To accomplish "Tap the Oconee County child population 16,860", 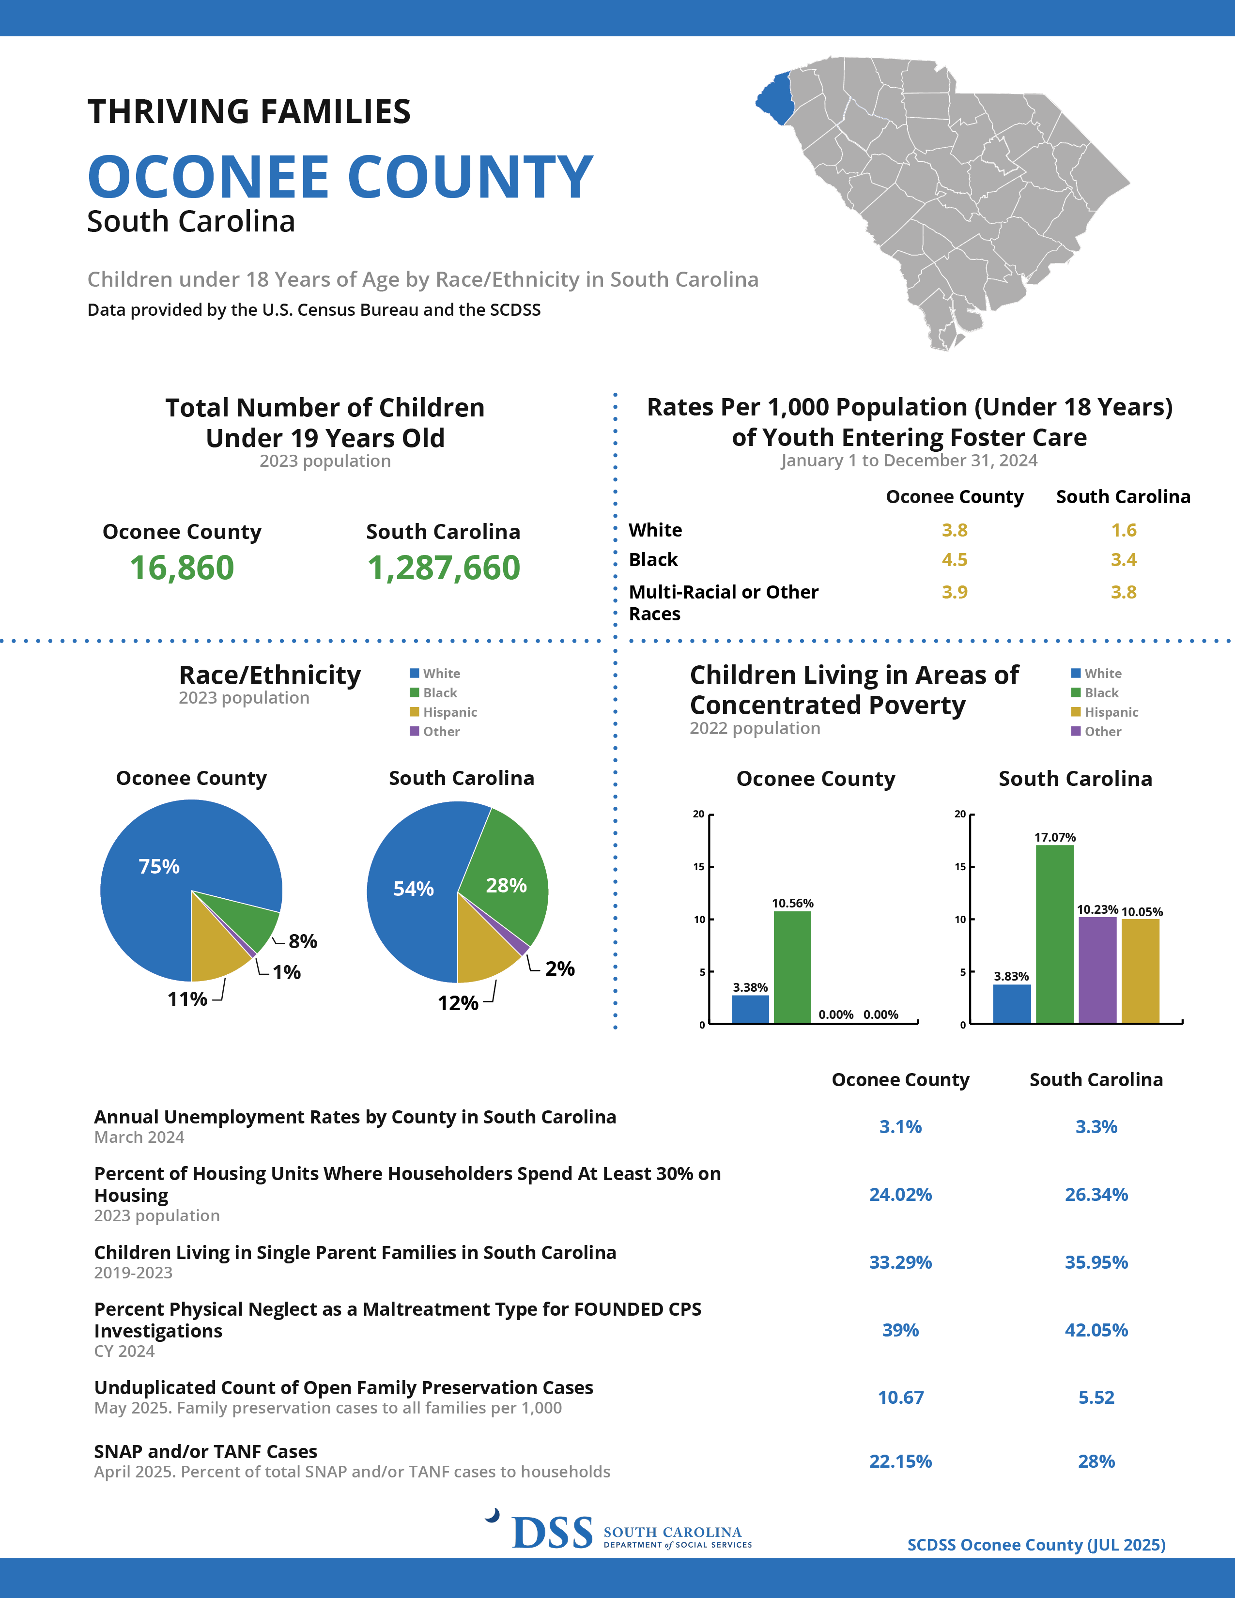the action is [x=182, y=568].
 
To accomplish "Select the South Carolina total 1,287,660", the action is [x=443, y=568].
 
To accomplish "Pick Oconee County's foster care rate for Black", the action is [x=954, y=560].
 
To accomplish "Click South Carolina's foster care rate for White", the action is [x=1124, y=530].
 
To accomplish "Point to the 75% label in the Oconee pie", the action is [x=159, y=866].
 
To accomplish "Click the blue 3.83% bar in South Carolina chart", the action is [x=1012, y=1003].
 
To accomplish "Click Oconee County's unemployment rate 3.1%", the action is [x=900, y=1127].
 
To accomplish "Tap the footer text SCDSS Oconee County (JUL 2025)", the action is [x=1036, y=1545].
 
